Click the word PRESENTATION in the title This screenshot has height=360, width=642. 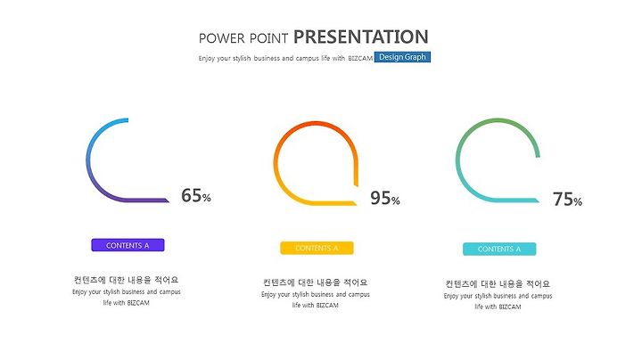coord(361,37)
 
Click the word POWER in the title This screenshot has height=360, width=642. coord(221,38)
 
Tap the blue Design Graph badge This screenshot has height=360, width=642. coord(402,57)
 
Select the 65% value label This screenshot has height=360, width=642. coord(196,195)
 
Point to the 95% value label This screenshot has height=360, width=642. coord(385,198)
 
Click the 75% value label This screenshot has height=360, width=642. coord(567,200)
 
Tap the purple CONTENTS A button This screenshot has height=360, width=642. coord(128,245)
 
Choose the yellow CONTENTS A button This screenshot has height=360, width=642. coord(317,248)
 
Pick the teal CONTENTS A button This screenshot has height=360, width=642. coord(499,249)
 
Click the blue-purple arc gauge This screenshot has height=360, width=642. coord(87,160)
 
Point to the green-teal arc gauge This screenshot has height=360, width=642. coord(457,160)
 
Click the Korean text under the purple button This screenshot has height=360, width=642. coord(126,280)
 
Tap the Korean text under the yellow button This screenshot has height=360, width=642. coord(316,282)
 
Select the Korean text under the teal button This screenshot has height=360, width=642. coord(498,283)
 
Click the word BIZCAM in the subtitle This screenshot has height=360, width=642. coord(360,59)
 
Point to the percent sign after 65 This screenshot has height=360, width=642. coord(206,199)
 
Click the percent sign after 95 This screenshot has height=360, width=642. coord(396,200)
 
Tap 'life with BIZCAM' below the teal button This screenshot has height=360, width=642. coord(498,307)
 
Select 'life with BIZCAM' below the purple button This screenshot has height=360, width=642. coord(126,303)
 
